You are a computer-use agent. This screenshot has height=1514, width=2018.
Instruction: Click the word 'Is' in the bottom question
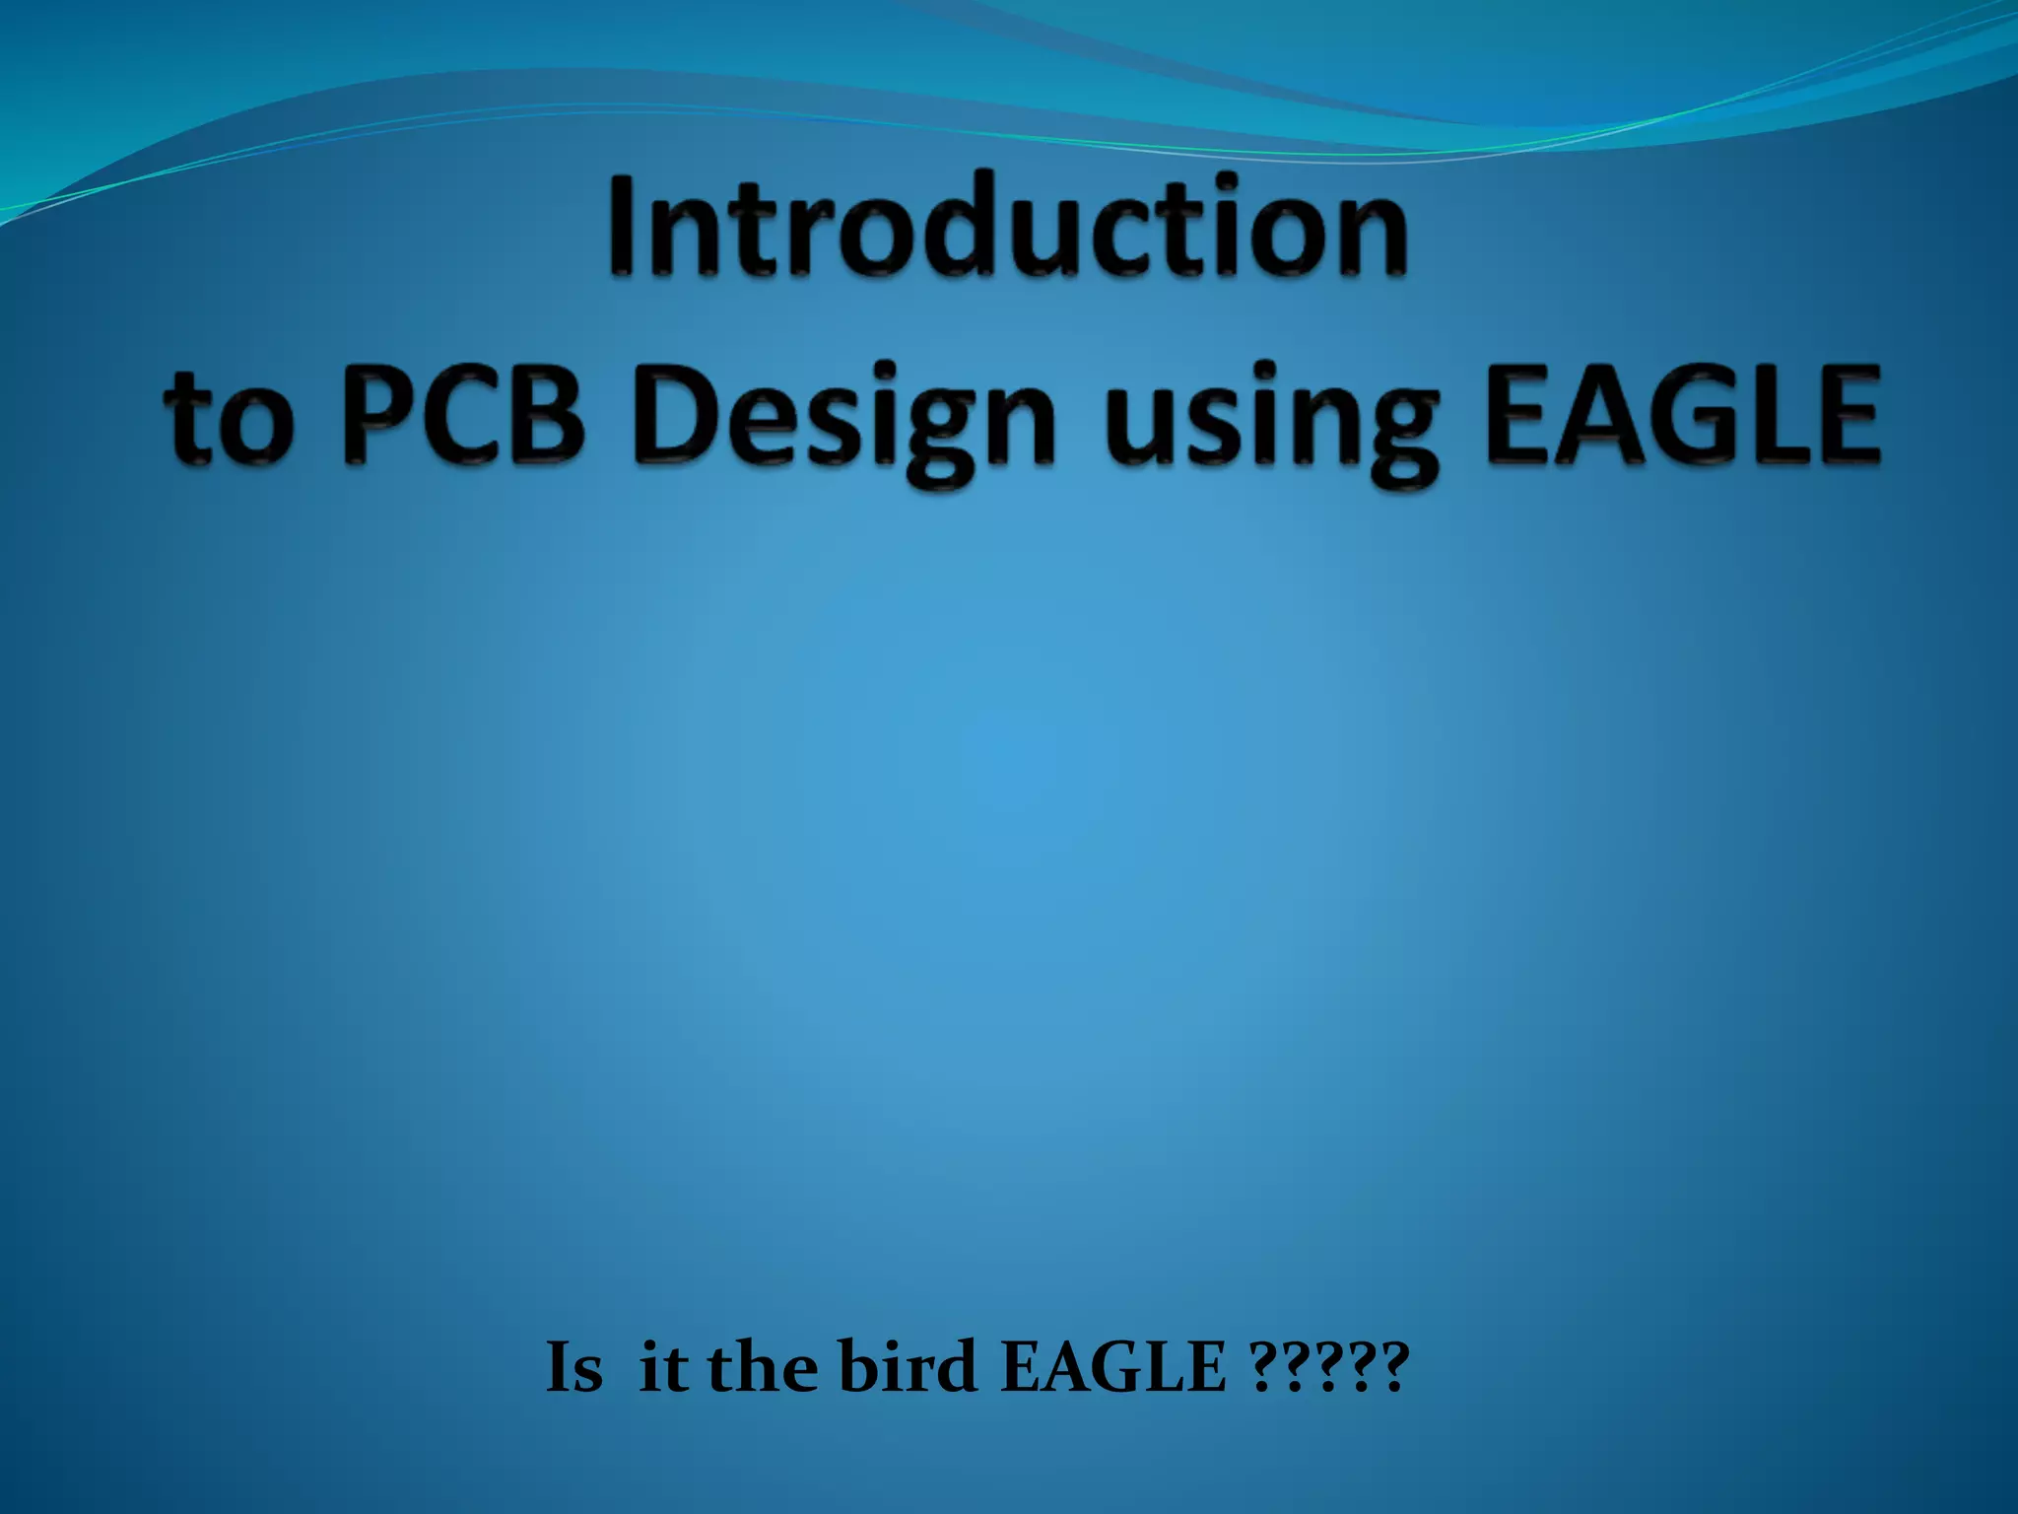573,1368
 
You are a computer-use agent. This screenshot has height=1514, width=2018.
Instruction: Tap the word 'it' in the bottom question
663,1368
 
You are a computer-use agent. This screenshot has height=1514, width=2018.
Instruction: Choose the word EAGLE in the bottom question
1113,1368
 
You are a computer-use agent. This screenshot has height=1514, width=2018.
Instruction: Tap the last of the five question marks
1394,1368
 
